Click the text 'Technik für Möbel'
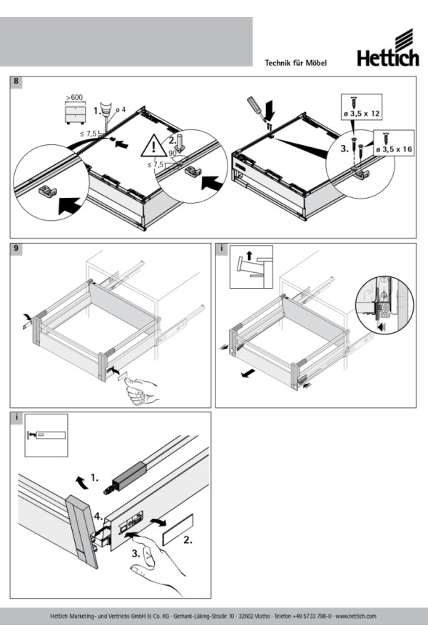pyautogui.click(x=295, y=64)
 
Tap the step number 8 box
pyautogui.click(x=16, y=82)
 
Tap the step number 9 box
pyautogui.click(x=16, y=249)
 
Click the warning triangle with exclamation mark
pyautogui.click(x=153, y=146)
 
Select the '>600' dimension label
pyautogui.click(x=73, y=97)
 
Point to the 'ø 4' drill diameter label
pyautogui.click(x=120, y=109)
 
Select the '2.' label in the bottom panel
pyautogui.click(x=188, y=541)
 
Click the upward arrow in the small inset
pyautogui.click(x=248, y=254)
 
